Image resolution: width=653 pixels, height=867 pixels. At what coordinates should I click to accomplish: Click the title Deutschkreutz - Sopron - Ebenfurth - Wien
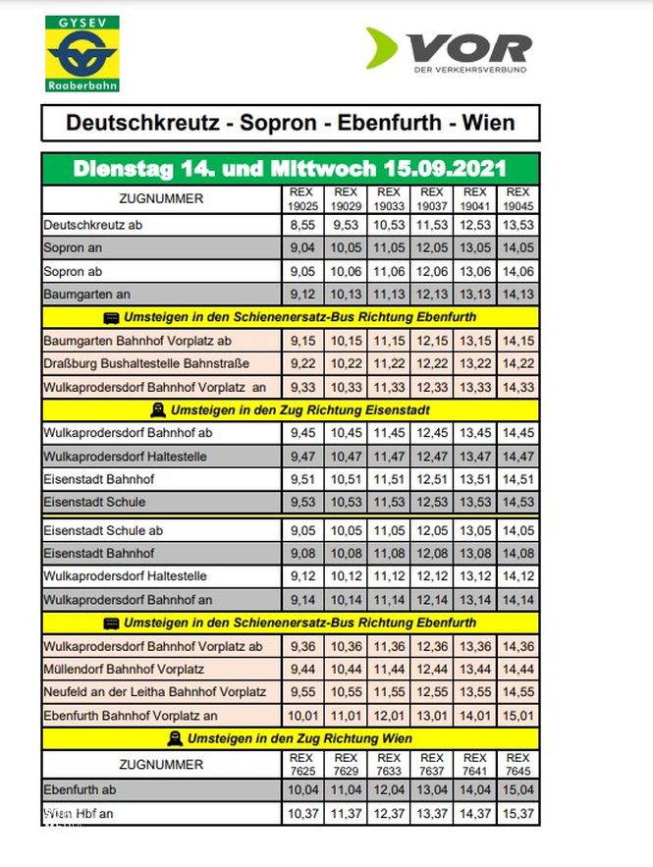[290, 125]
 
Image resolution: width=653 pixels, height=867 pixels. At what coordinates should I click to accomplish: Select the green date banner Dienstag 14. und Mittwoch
[290, 168]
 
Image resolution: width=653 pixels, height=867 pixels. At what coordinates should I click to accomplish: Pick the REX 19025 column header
[302, 199]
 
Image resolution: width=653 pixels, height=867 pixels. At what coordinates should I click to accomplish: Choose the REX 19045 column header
[517, 199]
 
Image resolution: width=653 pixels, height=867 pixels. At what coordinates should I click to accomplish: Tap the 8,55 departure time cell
[302, 225]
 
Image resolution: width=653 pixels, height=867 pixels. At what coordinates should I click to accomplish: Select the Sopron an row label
[73, 247]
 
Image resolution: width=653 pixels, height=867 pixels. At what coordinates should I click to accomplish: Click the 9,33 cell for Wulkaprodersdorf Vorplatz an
[302, 387]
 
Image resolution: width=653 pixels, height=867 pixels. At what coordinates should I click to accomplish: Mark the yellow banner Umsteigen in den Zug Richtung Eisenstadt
[290, 409]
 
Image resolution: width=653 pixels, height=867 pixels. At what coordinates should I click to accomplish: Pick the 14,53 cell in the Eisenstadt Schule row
[517, 502]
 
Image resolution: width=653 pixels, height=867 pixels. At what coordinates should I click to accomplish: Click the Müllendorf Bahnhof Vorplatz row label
[124, 669]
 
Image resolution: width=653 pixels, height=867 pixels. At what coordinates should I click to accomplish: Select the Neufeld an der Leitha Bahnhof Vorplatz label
[155, 692]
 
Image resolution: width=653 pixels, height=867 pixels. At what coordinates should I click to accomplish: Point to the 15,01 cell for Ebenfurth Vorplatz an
[517, 715]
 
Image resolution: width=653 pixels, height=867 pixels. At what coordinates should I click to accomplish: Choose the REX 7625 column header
[302, 764]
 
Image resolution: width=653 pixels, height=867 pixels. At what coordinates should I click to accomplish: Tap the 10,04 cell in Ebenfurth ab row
[302, 789]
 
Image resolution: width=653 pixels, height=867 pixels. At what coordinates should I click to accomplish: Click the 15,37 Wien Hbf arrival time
[517, 813]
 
